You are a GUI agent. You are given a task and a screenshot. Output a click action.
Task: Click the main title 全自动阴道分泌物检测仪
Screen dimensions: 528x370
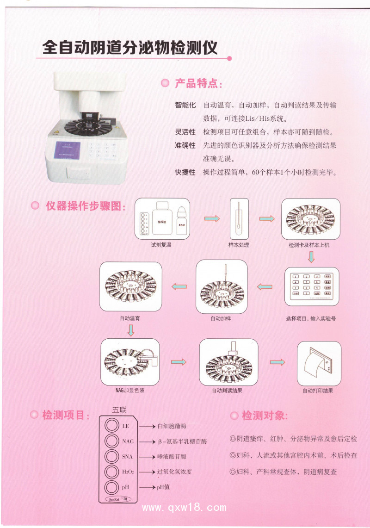pos(129,47)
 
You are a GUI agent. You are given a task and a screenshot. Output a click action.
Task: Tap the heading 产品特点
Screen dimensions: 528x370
pos(198,84)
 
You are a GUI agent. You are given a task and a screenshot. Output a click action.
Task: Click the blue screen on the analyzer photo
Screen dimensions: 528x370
pos(68,149)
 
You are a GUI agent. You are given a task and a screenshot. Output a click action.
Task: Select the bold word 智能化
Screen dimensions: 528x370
pos(185,105)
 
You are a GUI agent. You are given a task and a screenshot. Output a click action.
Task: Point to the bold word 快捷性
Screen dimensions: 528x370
pos(185,173)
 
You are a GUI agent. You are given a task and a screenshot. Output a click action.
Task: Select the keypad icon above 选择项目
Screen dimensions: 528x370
pos(311,286)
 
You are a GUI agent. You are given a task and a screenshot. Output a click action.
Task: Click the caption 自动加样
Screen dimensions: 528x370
pos(222,318)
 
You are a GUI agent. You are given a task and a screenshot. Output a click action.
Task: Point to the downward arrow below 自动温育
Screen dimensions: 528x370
pos(131,330)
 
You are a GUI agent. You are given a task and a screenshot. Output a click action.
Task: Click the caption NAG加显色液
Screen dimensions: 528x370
pos(130,391)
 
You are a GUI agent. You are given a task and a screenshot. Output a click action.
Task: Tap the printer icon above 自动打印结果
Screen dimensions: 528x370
pos(319,363)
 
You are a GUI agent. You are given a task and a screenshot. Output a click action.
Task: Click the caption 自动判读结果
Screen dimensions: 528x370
pos(227,391)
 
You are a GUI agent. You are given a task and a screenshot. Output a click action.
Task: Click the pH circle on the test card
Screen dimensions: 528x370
pos(111,487)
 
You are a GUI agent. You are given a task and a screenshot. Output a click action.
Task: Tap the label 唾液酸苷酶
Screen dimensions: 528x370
pos(172,457)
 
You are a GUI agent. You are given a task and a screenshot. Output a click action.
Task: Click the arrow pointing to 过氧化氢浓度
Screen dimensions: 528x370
pos(147,472)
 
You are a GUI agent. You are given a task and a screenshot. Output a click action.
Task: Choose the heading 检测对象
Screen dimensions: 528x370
pos(264,415)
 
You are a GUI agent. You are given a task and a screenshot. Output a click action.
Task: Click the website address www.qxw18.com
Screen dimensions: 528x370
pos(184,508)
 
